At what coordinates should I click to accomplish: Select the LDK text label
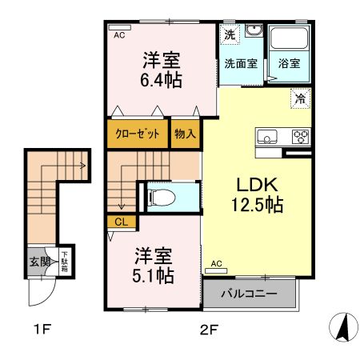pos(257,184)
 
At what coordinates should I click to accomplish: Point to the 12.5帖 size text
pos(257,205)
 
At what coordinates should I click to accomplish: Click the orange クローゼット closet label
pos(138,134)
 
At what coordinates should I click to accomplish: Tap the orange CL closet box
pos(121,222)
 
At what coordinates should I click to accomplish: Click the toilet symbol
pos(158,196)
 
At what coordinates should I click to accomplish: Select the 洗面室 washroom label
pos(240,64)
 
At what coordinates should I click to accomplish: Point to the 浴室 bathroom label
pos(289,64)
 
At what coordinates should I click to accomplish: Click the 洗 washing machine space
pos(230,34)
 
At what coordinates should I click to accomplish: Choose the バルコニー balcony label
pos(249,294)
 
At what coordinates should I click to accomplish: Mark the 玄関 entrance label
pos(38,262)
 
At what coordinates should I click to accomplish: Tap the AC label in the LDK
pos(216,263)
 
